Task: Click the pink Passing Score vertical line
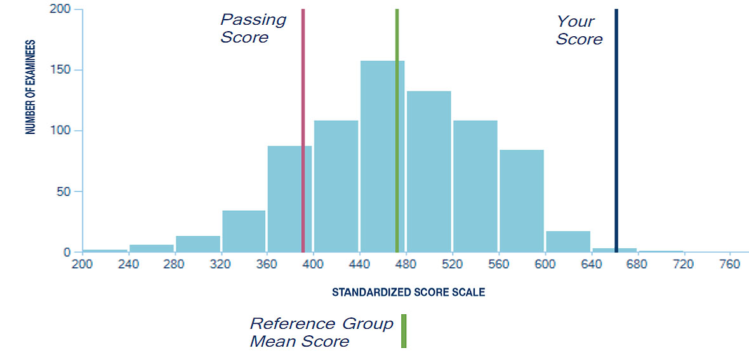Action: tap(303, 127)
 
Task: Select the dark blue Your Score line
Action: tap(616, 127)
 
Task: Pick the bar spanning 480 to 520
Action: tap(428, 171)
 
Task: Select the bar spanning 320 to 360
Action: tap(244, 232)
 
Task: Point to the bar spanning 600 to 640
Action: tap(568, 242)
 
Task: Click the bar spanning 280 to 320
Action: tap(197, 244)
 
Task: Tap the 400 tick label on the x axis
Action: tap(312, 265)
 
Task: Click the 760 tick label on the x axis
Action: tap(729, 265)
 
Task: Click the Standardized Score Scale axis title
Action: tap(408, 293)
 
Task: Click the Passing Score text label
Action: tap(253, 29)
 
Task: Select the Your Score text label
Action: tap(579, 30)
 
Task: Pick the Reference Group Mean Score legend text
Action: tap(321, 333)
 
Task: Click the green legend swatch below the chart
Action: tap(403, 331)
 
